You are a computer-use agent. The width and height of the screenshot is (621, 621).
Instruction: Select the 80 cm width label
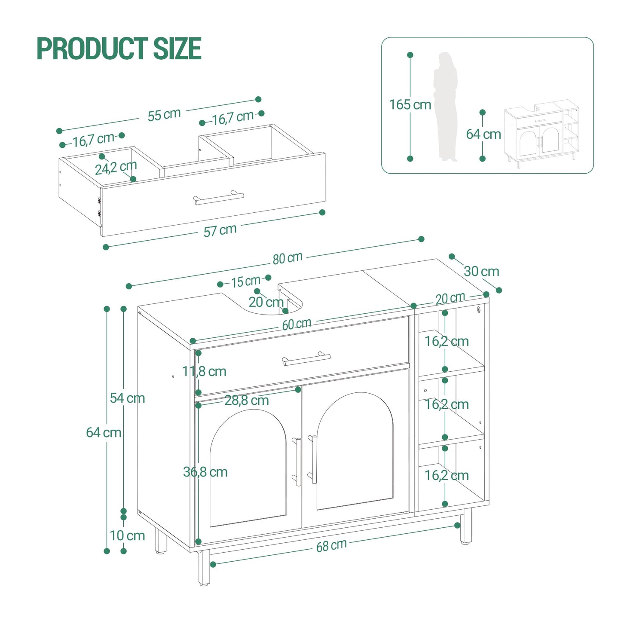coord(288,258)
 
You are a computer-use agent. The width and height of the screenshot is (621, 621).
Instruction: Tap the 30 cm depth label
coord(481,271)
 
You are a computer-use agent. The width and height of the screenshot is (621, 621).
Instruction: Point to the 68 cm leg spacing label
coord(331,546)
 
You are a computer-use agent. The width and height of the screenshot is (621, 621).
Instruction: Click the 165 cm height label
coord(410,104)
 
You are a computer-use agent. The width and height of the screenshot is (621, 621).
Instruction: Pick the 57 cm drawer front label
coord(220,230)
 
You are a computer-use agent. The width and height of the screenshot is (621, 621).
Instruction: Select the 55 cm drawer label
coord(164,115)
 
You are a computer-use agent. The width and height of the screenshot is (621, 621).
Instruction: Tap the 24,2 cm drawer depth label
coord(116,167)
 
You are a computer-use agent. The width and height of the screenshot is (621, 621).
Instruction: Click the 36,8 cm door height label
coord(205,472)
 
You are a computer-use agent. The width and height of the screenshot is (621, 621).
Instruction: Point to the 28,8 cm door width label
coord(247,400)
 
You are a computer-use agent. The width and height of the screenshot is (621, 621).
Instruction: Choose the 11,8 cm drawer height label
coord(205,371)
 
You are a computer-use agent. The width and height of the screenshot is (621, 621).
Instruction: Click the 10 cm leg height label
coord(127,535)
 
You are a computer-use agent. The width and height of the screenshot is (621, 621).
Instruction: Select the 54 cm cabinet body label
coord(127,398)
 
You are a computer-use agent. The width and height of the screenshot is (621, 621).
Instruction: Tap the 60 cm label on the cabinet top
coord(297,324)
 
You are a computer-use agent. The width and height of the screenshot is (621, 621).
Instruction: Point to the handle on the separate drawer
coord(219,198)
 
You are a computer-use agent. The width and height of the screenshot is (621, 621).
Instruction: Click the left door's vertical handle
coord(298,462)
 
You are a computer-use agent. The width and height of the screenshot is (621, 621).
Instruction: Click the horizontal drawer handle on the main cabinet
coord(306,359)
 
